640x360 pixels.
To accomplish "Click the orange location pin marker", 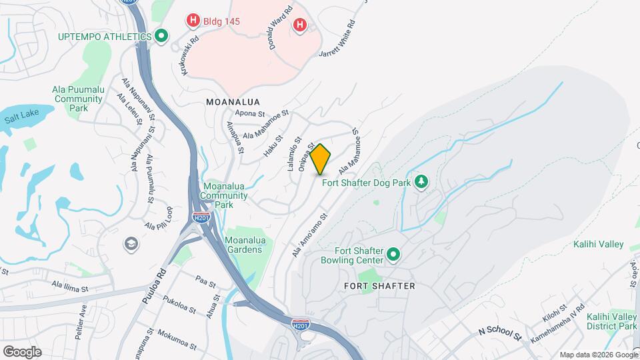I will (321, 159).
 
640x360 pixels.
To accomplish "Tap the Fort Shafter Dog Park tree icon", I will (421, 181).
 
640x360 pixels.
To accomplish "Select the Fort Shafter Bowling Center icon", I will (393, 255).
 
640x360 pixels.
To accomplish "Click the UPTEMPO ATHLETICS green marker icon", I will (161, 36).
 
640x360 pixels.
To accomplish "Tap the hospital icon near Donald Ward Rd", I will (300, 25).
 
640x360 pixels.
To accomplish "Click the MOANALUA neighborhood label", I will (233, 102).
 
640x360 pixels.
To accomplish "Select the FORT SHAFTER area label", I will (379, 286).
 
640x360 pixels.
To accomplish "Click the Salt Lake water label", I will (19, 119).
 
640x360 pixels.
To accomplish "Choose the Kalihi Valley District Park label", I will (611, 321).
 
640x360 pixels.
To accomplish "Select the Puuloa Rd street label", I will (153, 287).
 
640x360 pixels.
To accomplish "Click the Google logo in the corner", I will (22, 352).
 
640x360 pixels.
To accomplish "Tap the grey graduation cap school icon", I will (131, 245).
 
